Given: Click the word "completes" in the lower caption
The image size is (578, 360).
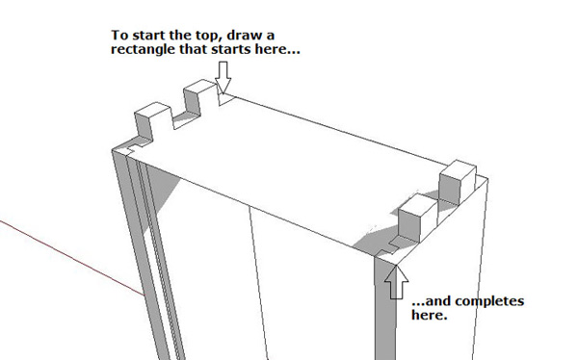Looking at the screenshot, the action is (x=489, y=302).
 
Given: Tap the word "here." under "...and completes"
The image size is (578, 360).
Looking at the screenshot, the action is (x=429, y=315).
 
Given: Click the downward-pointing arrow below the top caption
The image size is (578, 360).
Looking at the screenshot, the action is (x=223, y=77).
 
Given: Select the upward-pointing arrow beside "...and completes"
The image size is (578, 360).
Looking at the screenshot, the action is (x=396, y=282).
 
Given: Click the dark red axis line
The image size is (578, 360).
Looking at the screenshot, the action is (x=71, y=258).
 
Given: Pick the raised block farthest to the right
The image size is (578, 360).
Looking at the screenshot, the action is (x=457, y=182).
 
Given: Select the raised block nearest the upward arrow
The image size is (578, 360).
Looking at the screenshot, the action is (x=418, y=218).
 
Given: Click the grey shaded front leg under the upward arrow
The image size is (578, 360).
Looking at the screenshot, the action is (x=385, y=310).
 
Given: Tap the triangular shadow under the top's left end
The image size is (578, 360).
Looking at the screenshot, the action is (x=162, y=195).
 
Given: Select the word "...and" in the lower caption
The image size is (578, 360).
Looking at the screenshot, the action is (x=432, y=302).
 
